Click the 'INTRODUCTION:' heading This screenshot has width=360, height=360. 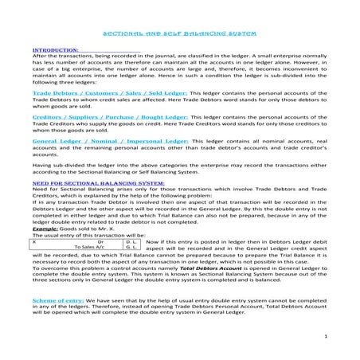pos(56,49)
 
